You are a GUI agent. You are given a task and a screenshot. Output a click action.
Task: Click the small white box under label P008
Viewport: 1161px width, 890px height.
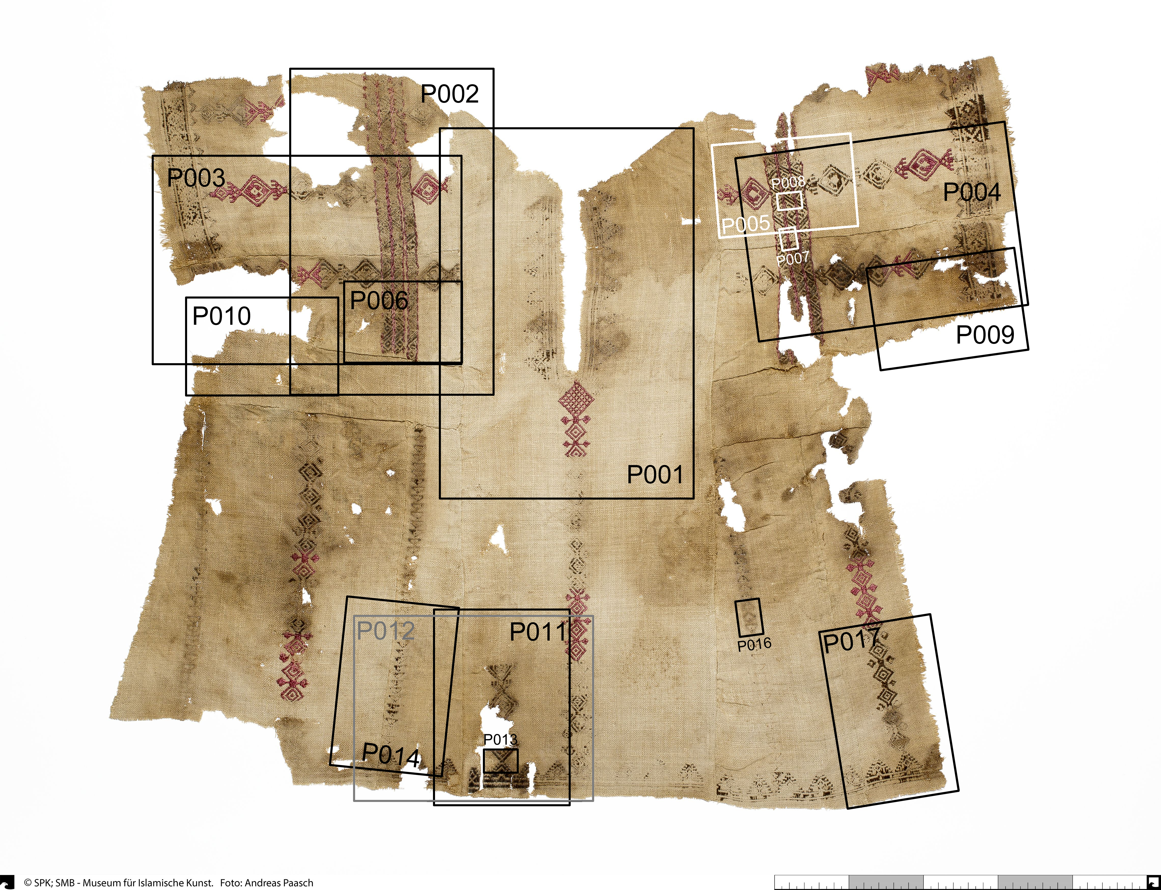[790, 201]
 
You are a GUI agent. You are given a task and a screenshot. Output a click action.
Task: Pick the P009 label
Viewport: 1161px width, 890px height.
[985, 334]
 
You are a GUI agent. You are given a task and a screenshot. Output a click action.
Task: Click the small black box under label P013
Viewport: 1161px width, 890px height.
[500, 761]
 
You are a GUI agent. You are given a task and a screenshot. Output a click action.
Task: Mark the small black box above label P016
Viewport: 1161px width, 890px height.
[749, 617]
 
